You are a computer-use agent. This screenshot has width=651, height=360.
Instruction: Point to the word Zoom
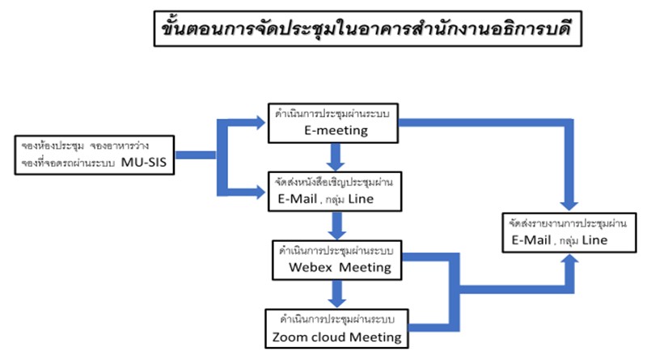pyautogui.click(x=289, y=336)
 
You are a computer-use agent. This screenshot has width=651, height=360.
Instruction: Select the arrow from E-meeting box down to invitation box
pyautogui.click(x=336, y=153)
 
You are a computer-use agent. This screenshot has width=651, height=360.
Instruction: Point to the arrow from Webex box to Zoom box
pyautogui.click(x=336, y=293)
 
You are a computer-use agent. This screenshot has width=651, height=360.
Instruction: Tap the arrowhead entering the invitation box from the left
pyautogui.click(x=260, y=193)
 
